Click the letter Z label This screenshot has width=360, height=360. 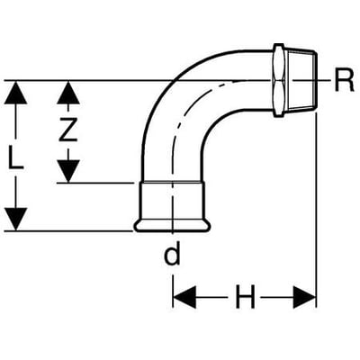pyautogui.click(x=67, y=130)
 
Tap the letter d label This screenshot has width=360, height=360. pyautogui.click(x=173, y=254)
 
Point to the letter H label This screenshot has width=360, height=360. pyautogui.click(x=245, y=297)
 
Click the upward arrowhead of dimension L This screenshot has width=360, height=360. pyautogui.click(x=15, y=93)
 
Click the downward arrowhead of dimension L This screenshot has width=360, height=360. pyautogui.click(x=15, y=220)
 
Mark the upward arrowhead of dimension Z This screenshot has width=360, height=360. pyautogui.click(x=68, y=93)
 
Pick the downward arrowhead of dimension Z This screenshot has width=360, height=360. pyautogui.click(x=68, y=171)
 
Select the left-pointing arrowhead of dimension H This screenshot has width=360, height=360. pyautogui.click(x=184, y=297)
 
